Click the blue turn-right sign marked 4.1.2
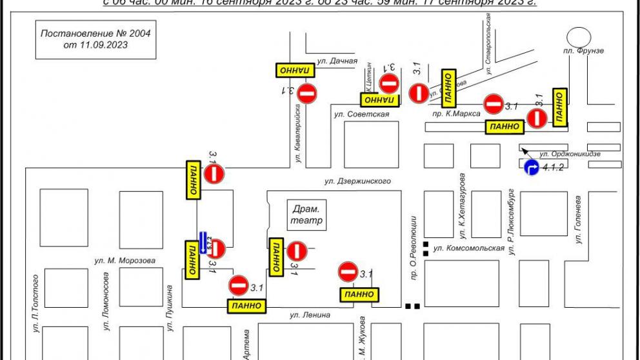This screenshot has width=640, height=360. (x=531, y=168)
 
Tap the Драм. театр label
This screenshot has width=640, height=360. (x=307, y=214)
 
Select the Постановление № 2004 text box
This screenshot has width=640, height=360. (x=95, y=39)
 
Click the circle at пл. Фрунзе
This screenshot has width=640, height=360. (x=576, y=37)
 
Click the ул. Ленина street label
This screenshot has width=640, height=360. (x=310, y=315)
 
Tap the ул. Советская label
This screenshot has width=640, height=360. (x=361, y=114)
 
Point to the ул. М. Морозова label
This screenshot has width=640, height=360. (x=123, y=261)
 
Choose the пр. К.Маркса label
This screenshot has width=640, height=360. (x=456, y=114)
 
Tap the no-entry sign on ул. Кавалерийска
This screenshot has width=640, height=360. (x=307, y=94)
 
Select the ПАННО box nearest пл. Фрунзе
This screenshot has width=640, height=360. (x=559, y=106)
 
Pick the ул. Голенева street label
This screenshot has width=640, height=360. (x=579, y=219)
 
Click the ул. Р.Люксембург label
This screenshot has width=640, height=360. (x=510, y=223)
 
